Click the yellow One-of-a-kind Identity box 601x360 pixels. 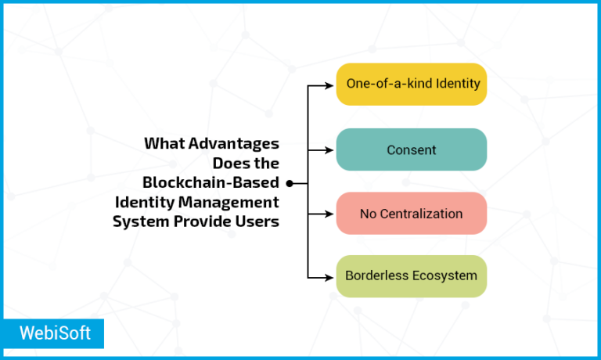click(412, 84)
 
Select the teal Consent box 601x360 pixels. click(412, 149)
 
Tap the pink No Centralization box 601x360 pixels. click(412, 213)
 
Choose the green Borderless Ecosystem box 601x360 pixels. click(412, 276)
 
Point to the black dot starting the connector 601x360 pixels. click(289, 183)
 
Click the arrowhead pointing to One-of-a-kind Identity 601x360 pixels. click(331, 85)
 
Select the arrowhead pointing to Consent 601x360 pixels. click(331, 149)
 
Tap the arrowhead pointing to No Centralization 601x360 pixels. click(331, 213)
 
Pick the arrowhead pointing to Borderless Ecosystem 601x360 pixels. click(331, 276)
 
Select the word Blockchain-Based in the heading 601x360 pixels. click(211, 183)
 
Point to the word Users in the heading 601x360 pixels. click(258, 221)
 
